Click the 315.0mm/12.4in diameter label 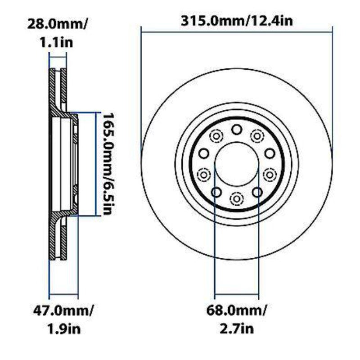click(237, 20)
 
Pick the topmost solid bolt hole click(237, 130)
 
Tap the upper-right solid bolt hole click(269, 153)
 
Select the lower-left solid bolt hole click(216, 193)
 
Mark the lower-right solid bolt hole click(257, 193)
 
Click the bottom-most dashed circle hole click(237, 198)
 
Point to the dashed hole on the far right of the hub click(269, 173)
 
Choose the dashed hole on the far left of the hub click(204, 173)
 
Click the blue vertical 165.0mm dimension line click(95, 164)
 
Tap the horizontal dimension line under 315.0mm click(237, 31)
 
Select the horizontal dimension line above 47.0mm click(63, 298)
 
